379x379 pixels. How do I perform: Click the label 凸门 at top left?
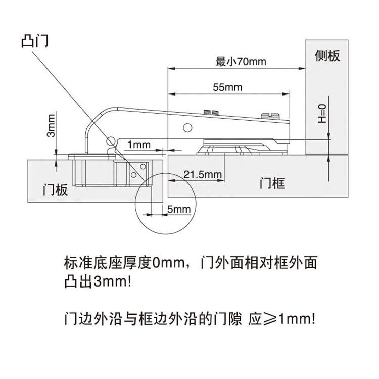click(x=35, y=40)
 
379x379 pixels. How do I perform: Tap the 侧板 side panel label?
click(x=327, y=56)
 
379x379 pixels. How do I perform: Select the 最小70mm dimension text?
click(x=241, y=62)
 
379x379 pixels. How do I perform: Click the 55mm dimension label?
click(x=227, y=87)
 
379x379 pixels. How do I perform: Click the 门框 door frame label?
click(x=272, y=182)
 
